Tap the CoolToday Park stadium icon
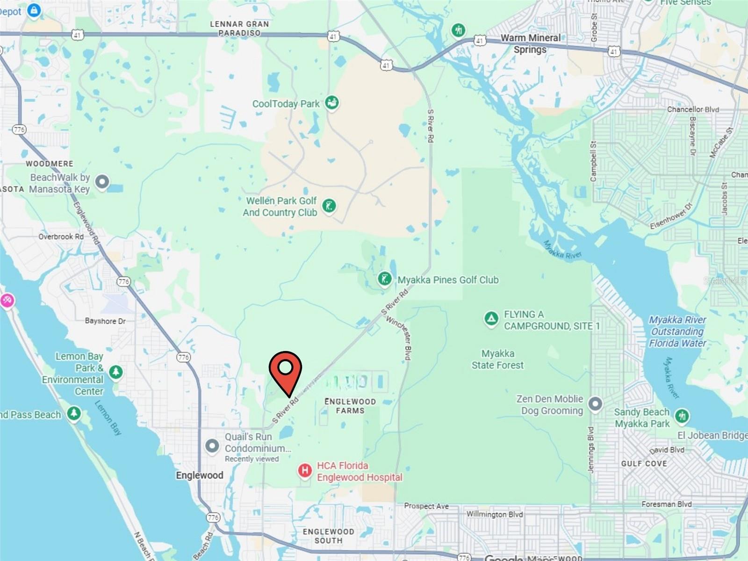(332, 102)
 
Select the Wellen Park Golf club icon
(329, 206)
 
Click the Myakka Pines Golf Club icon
(384, 280)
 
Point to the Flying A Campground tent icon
(491, 319)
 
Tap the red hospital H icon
(305, 470)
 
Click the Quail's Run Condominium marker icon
(212, 446)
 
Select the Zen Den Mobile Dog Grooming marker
(595, 403)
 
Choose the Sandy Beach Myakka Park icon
(682, 416)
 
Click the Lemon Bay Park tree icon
(116, 372)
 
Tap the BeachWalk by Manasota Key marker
(102, 181)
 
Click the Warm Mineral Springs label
(530, 43)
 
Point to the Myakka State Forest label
(497, 360)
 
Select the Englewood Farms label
(350, 406)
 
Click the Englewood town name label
(200, 475)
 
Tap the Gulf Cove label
(644, 463)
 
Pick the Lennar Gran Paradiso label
(239, 28)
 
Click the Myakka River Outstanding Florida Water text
(677, 331)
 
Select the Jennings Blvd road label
(590, 449)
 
